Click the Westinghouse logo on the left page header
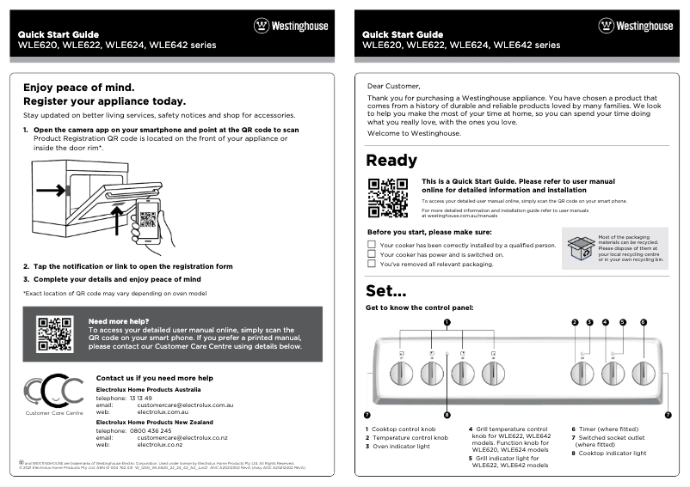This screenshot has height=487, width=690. [291, 26]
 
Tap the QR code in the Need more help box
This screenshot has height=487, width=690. [53, 334]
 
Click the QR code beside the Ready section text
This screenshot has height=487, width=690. [387, 197]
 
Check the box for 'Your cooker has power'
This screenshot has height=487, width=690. [372, 255]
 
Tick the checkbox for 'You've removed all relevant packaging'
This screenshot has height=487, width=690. [372, 265]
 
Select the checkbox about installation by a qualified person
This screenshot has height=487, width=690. [372, 245]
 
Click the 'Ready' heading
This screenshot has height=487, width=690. [391, 161]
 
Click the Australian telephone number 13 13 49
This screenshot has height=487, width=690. [140, 398]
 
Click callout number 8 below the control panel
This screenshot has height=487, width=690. [447, 414]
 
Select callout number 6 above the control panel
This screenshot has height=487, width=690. [643, 322]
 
